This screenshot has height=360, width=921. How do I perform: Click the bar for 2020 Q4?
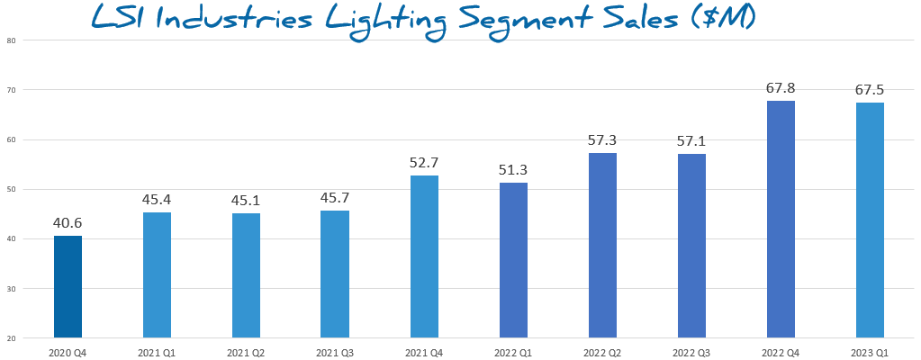(68, 287)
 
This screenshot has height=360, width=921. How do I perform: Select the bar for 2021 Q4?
(424, 256)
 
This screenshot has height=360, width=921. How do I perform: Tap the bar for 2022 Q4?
(781, 220)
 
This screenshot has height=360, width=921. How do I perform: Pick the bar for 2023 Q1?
(870, 220)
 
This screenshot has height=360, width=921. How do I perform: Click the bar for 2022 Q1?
(513, 260)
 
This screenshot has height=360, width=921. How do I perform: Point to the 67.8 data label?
(781, 88)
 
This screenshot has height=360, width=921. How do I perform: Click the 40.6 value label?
(68, 223)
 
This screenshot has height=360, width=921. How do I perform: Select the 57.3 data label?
(602, 140)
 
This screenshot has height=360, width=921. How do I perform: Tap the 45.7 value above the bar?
(335, 198)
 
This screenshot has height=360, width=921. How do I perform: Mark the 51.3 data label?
(513, 170)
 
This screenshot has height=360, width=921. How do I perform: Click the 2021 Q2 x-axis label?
(246, 354)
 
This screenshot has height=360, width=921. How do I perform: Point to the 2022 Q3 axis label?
(691, 354)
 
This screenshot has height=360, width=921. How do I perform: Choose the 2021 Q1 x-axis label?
(157, 354)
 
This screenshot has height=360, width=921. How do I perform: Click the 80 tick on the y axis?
(11, 40)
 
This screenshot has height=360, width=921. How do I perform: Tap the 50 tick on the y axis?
(11, 190)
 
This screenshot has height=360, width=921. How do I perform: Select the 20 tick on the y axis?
(11, 338)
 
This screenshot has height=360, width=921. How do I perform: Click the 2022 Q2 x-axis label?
(602, 354)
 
